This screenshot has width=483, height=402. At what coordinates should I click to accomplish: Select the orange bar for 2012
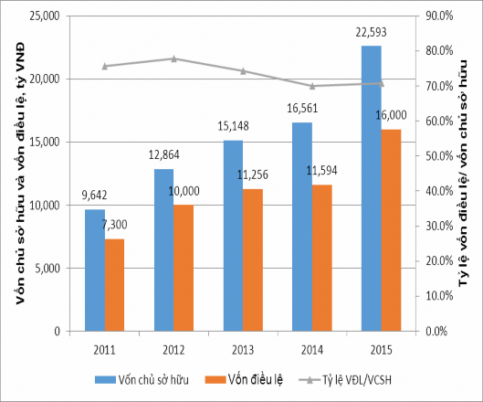184,267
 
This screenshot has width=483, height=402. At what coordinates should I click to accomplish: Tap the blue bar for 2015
372,188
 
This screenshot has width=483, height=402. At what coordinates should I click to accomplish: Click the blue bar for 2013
233,235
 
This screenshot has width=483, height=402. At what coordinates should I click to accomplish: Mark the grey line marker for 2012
173,58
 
